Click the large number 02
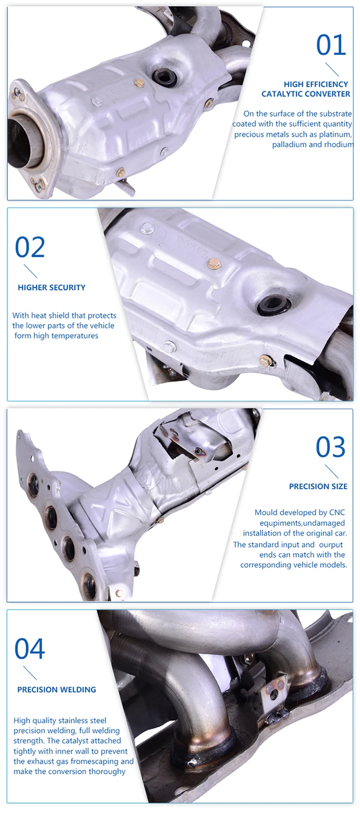30,247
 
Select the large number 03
331,447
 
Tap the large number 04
30,649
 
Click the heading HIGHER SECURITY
52,287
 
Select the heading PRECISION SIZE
318,487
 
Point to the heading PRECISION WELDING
56,689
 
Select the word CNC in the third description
337,513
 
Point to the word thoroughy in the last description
108,771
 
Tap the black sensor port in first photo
165,78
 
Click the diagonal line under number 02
30,271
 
